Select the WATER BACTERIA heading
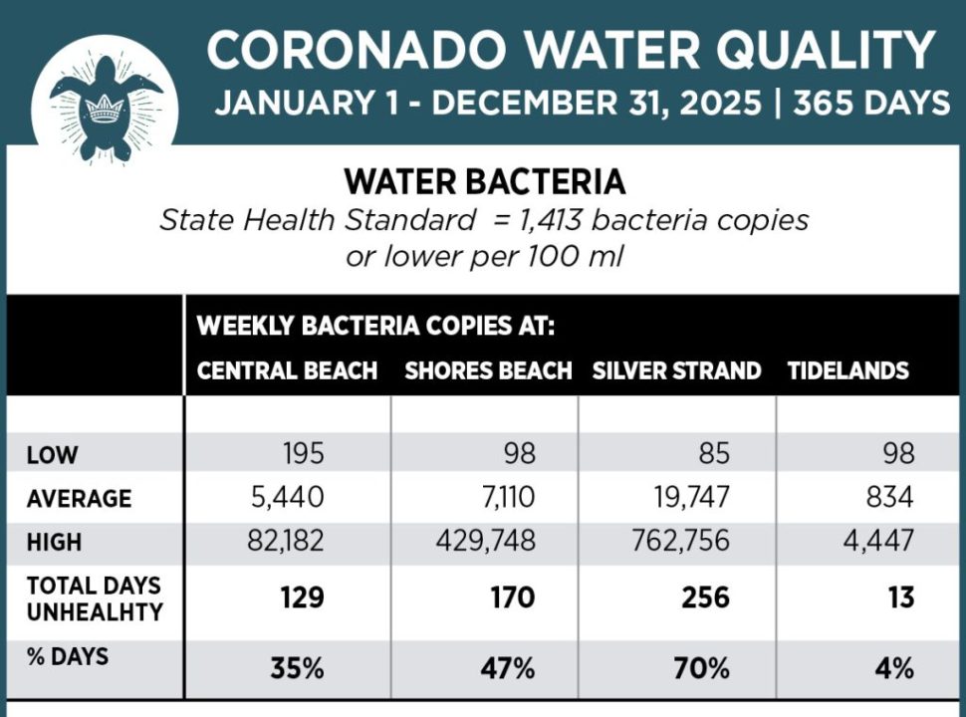point(484,182)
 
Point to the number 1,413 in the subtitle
point(568,220)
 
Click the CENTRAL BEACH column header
point(287,371)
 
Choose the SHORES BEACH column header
point(487,371)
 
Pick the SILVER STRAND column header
point(676,371)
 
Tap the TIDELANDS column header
point(848,371)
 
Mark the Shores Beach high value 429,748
point(485,542)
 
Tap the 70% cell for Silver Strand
point(702,668)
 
